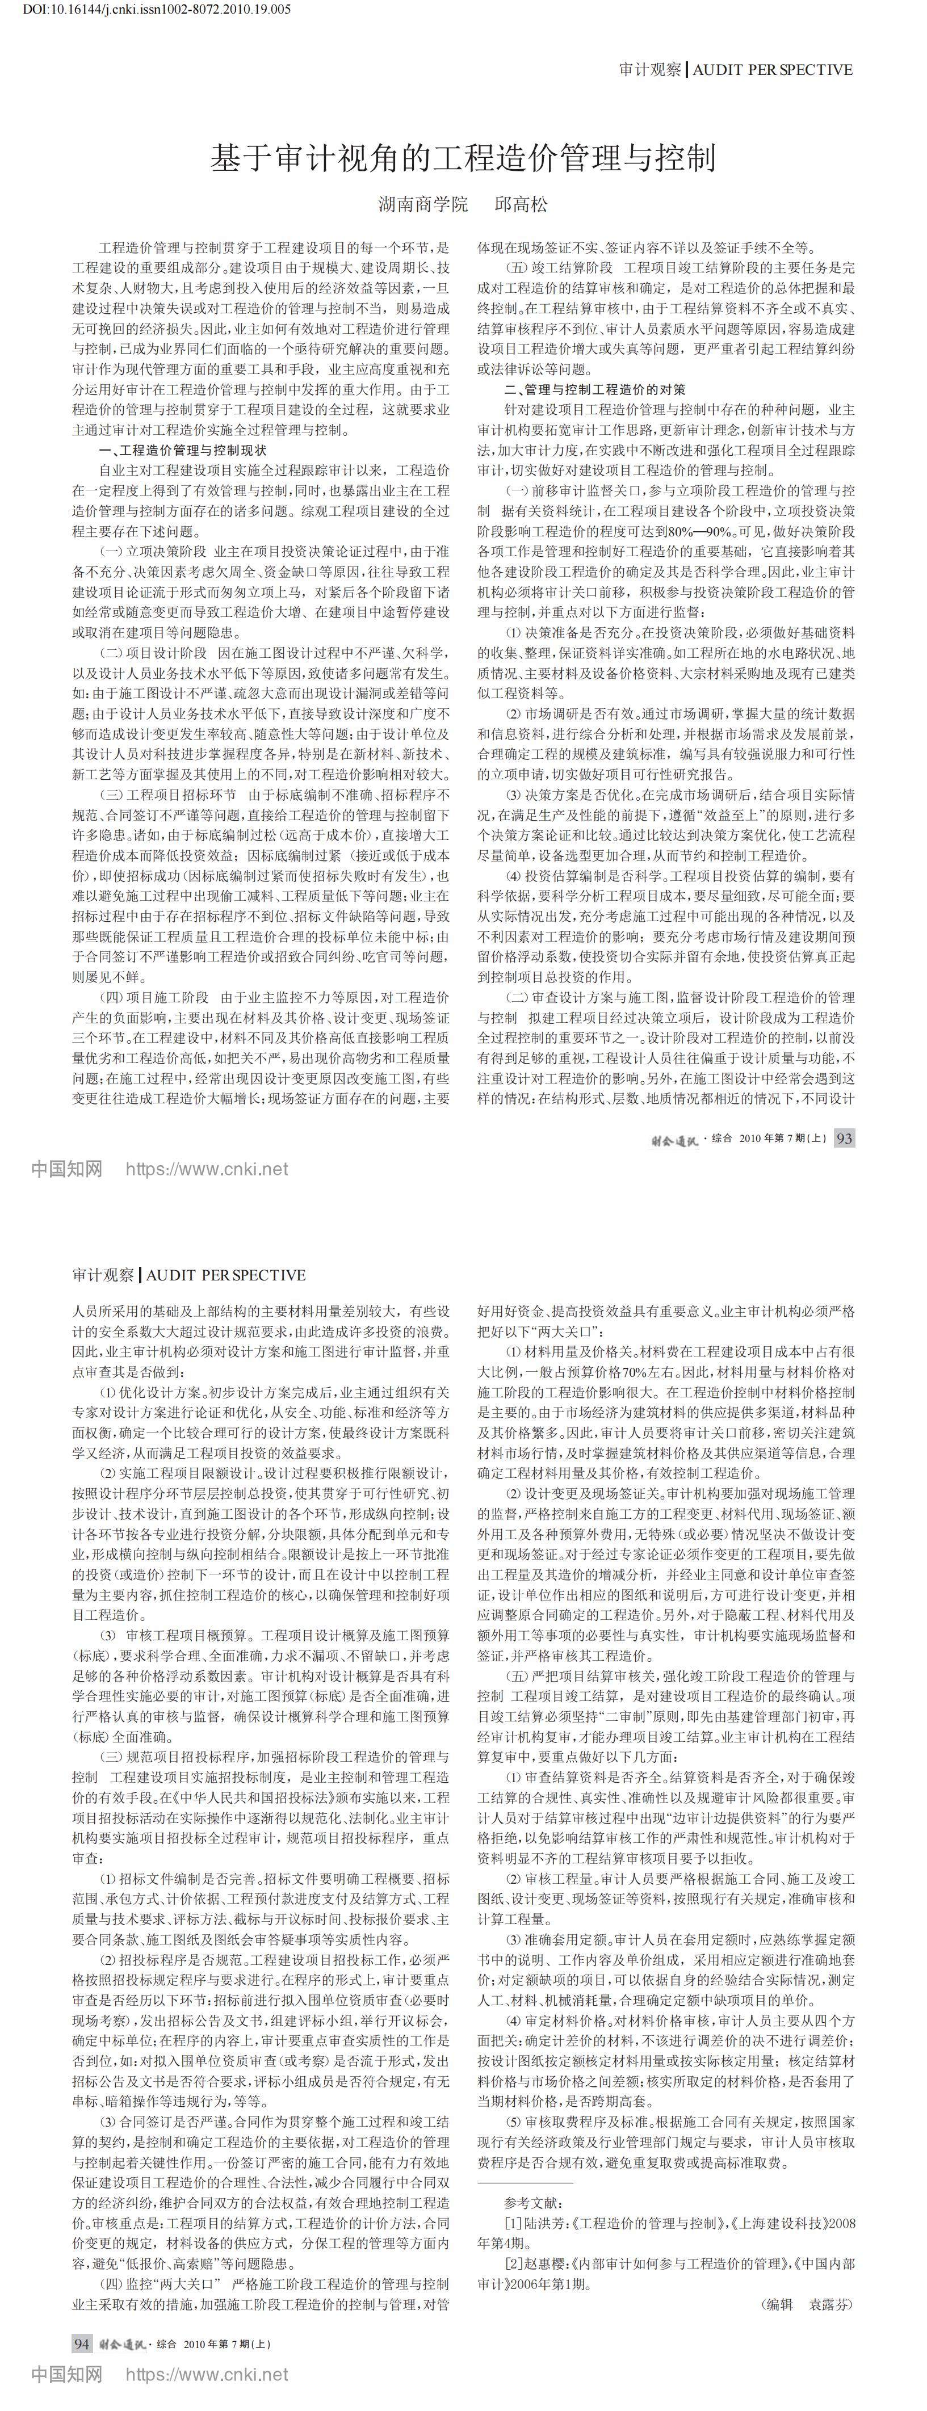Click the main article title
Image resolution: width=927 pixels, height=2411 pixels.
(463, 158)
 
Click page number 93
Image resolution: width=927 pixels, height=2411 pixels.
(844, 1138)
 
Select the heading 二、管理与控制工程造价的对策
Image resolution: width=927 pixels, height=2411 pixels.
(594, 389)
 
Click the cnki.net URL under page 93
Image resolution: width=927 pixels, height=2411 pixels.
(206, 1169)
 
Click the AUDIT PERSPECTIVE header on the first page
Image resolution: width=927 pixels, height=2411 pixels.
(773, 69)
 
